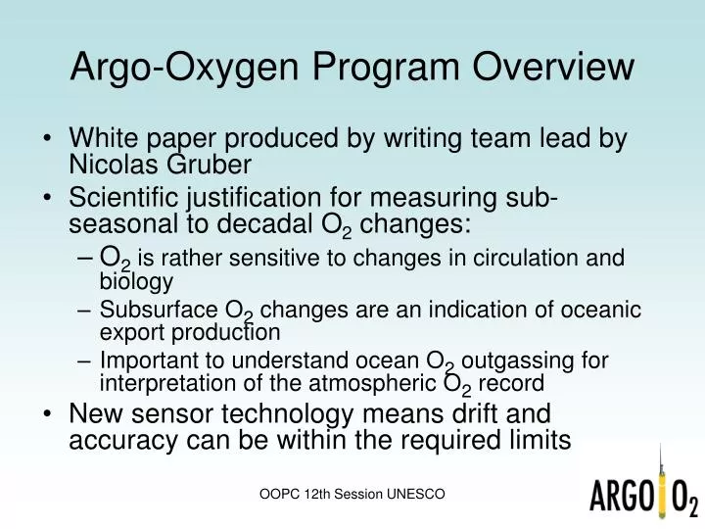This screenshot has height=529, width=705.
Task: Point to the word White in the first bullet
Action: tap(102, 138)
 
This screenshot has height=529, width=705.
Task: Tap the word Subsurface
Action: tap(160, 311)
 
